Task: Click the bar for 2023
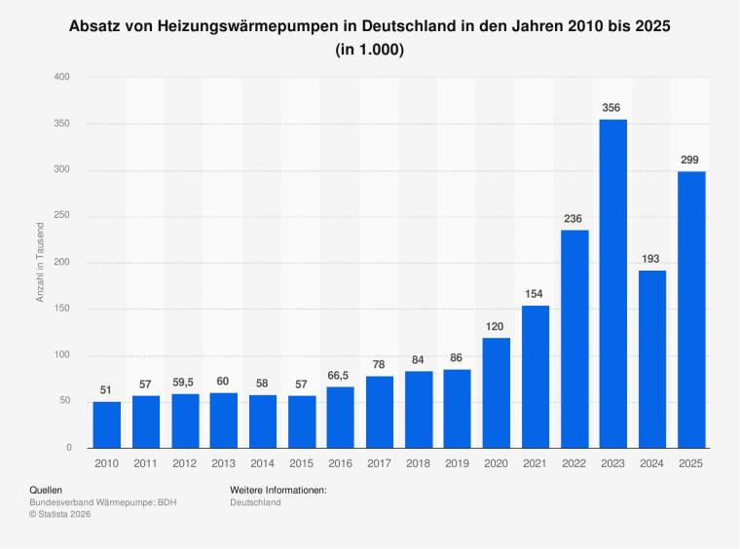612,283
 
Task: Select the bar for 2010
107,424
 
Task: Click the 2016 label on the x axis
340,464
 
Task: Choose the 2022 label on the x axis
573,464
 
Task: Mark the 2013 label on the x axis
223,464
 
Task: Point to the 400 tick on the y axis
62,77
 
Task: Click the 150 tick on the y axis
62,310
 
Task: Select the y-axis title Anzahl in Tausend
41,262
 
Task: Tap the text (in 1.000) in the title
369,48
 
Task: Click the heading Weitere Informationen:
277,490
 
